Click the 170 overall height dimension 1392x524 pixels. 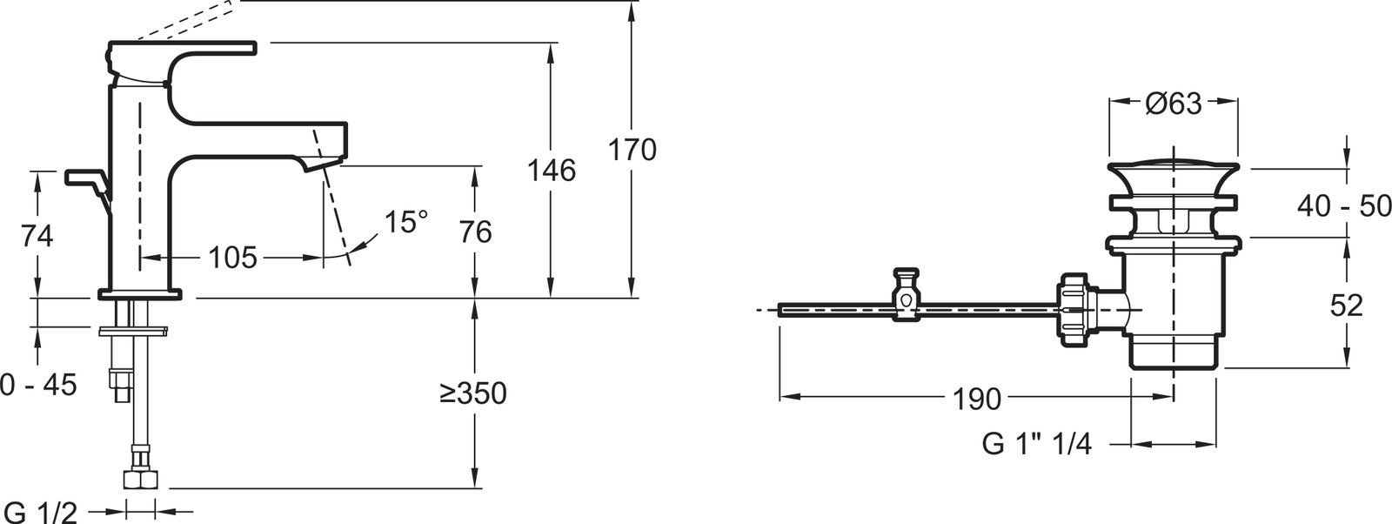click(x=632, y=151)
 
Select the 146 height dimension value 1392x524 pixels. click(x=552, y=171)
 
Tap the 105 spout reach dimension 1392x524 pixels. click(x=231, y=258)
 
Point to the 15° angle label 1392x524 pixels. click(x=406, y=222)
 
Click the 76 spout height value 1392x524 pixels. click(x=475, y=232)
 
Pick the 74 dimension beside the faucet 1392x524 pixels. click(x=37, y=236)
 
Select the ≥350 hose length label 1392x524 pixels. click(x=473, y=393)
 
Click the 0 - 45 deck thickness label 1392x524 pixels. click(x=38, y=385)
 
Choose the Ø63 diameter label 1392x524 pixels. click(x=1174, y=104)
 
